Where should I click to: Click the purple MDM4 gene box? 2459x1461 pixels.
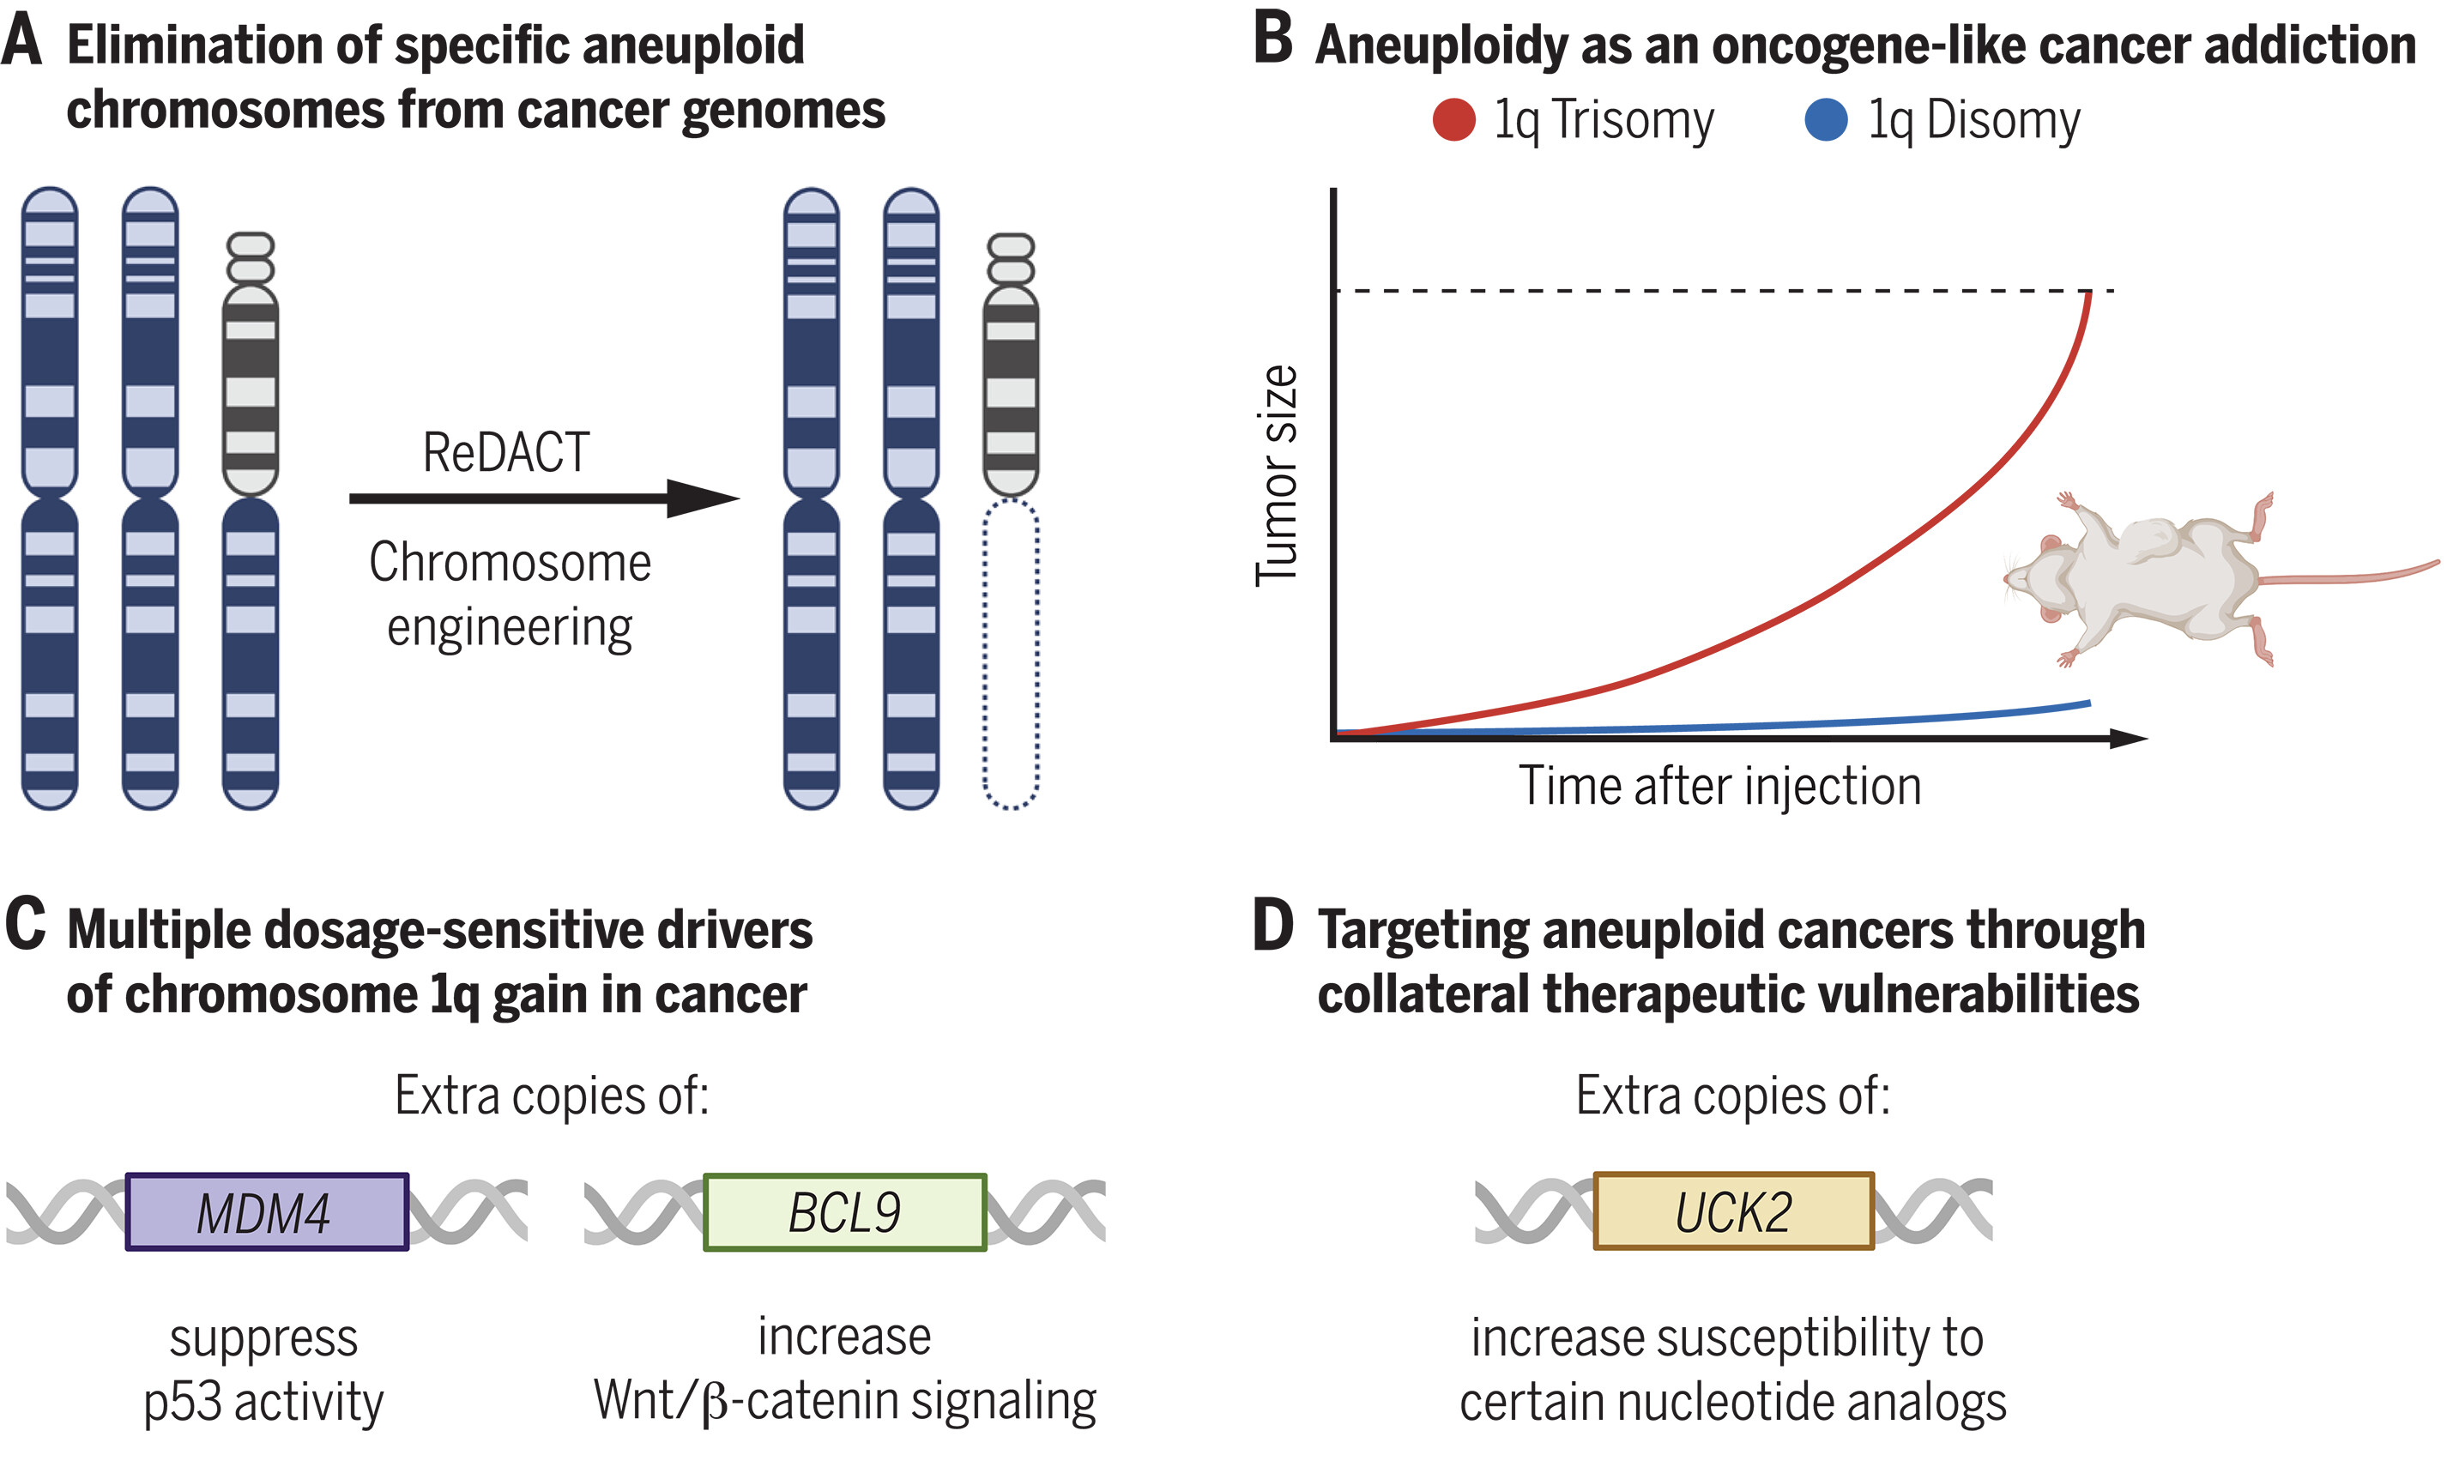[267, 1212]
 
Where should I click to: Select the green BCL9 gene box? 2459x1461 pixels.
[844, 1212]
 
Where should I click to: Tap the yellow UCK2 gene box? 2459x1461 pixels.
[1733, 1211]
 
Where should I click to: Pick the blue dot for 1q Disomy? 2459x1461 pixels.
[1826, 120]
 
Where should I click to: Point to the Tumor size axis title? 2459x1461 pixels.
[1278, 475]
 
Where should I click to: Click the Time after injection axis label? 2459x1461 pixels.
[1719, 787]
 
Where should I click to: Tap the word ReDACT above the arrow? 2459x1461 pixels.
[506, 453]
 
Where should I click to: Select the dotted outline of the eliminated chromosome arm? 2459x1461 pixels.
[1011, 655]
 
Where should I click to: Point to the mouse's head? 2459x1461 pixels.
[2043, 581]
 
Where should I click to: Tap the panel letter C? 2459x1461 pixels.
[25, 926]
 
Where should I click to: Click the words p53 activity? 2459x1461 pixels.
[263, 1402]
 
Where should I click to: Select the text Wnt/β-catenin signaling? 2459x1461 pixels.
[844, 1400]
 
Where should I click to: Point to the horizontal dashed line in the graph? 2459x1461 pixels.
[1723, 291]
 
